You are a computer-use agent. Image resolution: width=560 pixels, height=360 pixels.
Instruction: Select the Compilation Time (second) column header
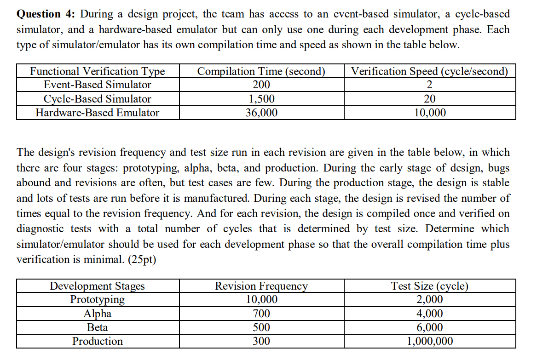[x=261, y=71]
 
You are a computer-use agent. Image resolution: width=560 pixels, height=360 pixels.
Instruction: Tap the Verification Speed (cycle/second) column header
[x=430, y=71]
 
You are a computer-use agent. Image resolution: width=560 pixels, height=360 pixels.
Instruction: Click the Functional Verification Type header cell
[x=97, y=71]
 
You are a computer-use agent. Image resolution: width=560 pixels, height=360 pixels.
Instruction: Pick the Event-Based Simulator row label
[x=97, y=85]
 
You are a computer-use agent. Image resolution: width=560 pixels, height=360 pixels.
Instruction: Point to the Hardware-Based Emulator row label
[x=97, y=113]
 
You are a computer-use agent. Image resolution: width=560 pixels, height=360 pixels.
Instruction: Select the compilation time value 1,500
[x=261, y=99]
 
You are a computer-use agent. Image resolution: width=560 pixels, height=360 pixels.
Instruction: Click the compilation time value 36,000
[x=261, y=113]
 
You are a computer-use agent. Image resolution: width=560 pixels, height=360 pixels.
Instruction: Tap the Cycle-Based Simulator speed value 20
[x=430, y=99]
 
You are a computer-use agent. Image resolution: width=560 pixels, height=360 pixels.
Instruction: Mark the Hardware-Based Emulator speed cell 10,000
[x=430, y=113]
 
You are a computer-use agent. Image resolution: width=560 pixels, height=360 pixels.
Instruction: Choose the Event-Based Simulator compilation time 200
[x=261, y=85]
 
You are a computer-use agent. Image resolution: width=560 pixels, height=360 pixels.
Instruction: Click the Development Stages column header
[x=97, y=286]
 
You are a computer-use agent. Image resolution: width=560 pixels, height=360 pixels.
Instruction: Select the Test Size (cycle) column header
[x=430, y=286]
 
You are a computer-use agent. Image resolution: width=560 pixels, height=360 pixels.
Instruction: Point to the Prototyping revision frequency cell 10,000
[x=261, y=300]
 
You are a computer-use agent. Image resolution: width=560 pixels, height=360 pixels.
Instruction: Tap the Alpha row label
[x=97, y=314]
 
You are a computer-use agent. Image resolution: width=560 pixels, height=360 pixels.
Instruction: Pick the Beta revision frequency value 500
[x=261, y=327]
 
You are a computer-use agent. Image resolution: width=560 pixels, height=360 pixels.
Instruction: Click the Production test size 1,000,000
[x=430, y=341]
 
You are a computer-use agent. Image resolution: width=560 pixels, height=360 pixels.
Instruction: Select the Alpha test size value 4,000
[x=430, y=314]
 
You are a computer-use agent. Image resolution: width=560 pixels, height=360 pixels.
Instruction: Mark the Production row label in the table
[x=97, y=341]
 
